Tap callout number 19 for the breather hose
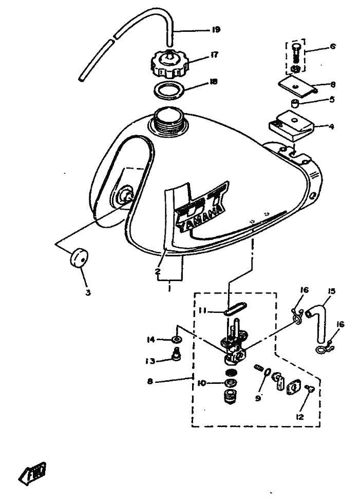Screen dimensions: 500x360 (216, 30)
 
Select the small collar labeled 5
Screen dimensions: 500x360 (295, 105)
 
